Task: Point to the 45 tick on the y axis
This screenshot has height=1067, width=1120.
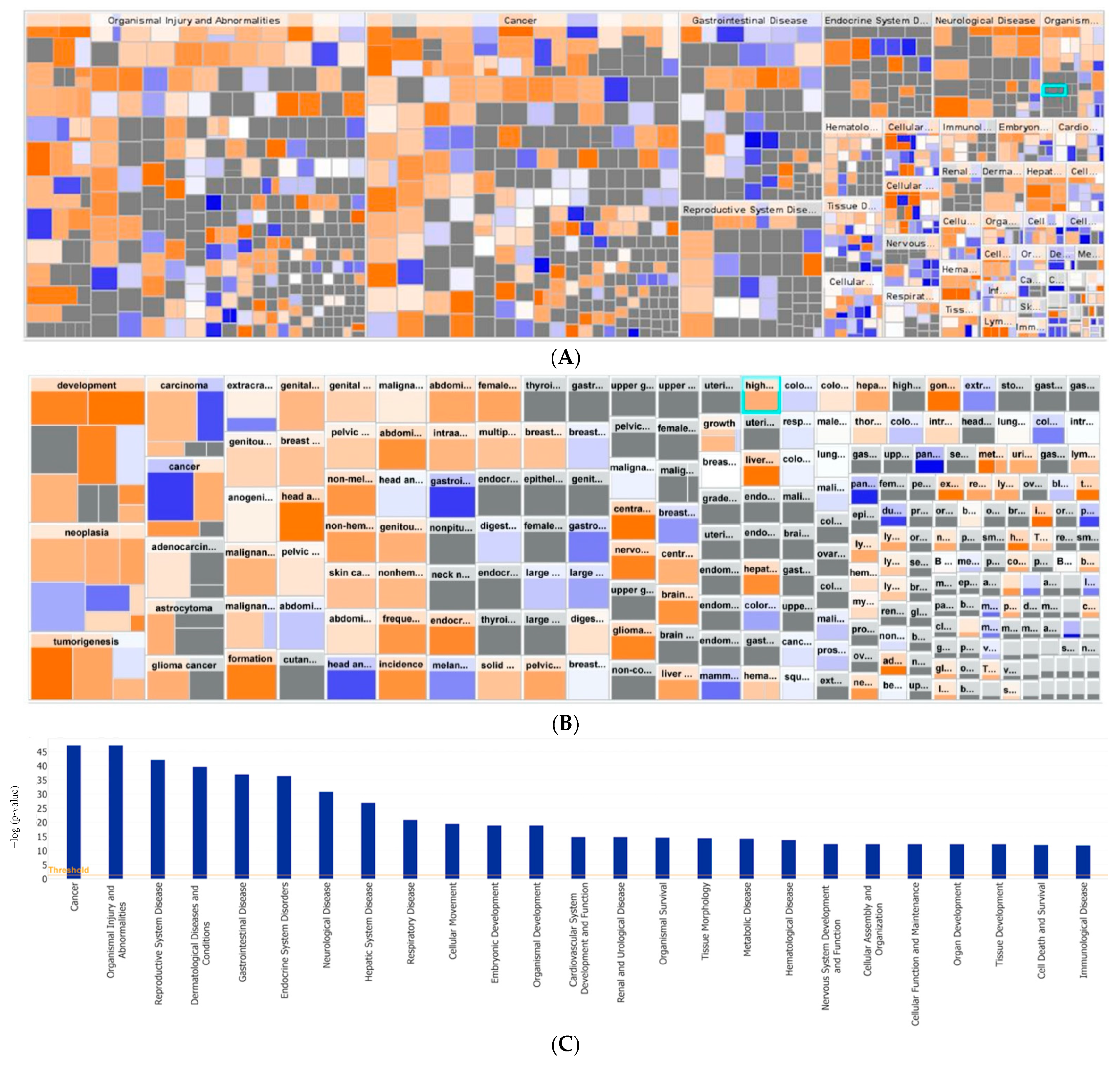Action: tap(42, 752)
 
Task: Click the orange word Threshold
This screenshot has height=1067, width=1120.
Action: tap(68, 870)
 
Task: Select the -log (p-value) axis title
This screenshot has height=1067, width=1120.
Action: tap(15, 817)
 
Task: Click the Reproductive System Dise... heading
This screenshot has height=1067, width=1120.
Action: tap(749, 210)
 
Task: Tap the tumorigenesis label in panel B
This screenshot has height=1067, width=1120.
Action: tap(86, 641)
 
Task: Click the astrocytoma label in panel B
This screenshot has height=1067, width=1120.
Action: tap(183, 608)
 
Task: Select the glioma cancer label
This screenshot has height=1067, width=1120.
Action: tap(183, 666)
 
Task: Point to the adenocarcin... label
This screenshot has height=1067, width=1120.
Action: tap(183, 547)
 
